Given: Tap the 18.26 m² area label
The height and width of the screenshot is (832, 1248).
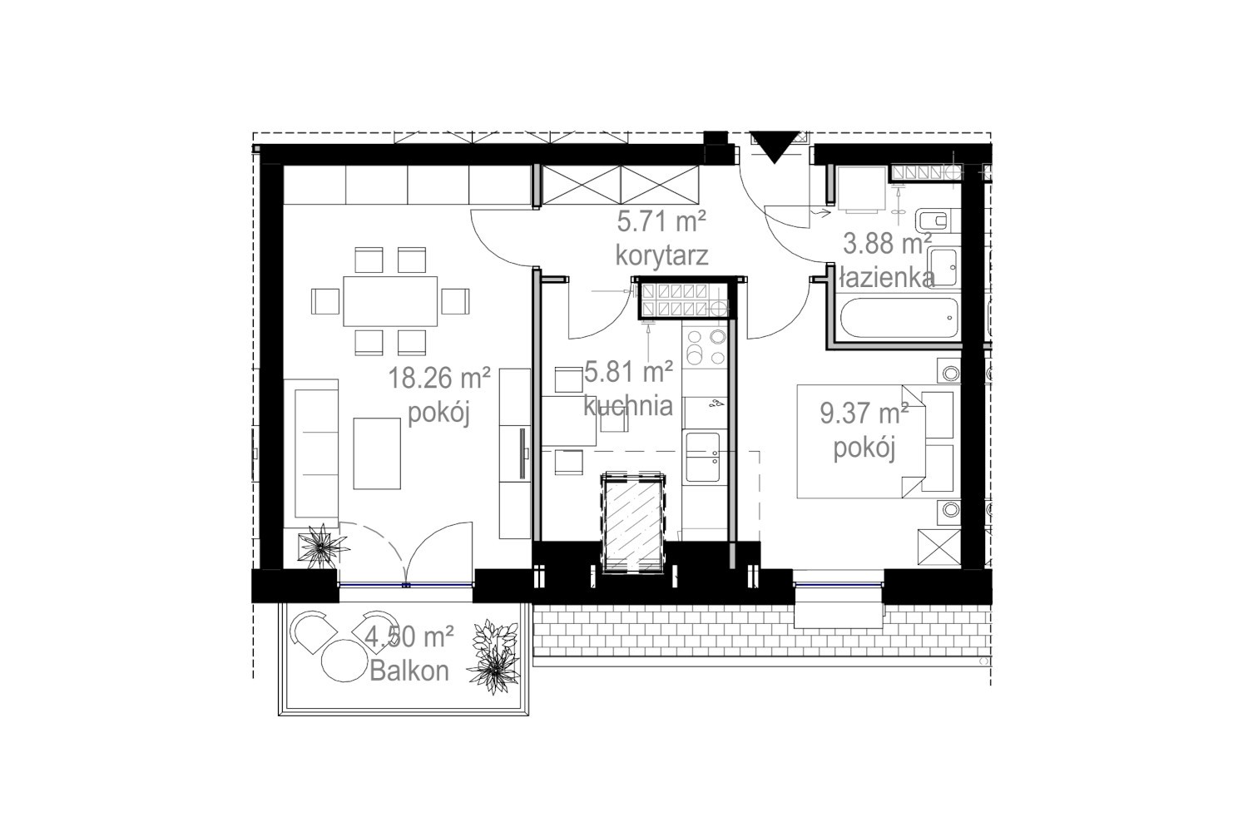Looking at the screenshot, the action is coord(439,378).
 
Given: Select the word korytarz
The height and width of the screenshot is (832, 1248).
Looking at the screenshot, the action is coord(661,255).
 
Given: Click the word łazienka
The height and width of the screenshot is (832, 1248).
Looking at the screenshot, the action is coord(887,277).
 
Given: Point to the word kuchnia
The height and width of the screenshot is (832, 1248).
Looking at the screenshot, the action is coord(628,405).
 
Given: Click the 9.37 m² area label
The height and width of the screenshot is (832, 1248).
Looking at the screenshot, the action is coord(864,414).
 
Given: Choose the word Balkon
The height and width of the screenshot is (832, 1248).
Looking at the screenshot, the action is coord(409,671).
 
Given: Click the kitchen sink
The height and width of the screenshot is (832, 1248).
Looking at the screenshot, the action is coord(703,457).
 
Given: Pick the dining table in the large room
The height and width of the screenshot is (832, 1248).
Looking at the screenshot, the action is coord(390,301).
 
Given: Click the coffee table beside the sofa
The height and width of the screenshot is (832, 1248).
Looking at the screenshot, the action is coord(377,453).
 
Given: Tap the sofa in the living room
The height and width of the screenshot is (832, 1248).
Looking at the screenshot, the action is coord(311,453).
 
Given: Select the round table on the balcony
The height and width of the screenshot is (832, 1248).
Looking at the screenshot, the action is coord(344,661).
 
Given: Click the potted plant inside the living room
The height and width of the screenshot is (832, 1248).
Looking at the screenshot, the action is coord(322,546).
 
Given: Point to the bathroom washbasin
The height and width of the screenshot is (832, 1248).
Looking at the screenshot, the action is coord(943,268).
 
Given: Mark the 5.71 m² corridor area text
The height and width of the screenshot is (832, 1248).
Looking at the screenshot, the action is coord(661,221).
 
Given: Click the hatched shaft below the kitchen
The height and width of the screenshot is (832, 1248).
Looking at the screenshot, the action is coord(633,522).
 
